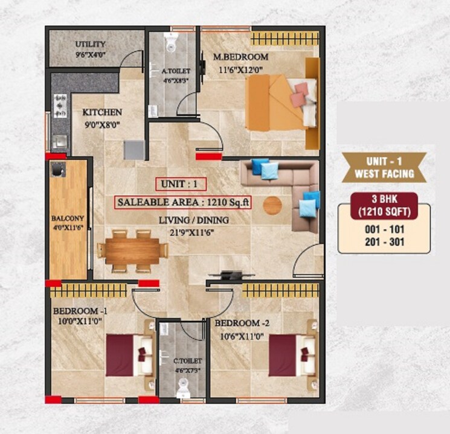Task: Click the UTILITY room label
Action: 91,45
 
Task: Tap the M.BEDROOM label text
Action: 240,57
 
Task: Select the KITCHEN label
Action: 102,112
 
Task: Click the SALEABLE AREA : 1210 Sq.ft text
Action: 183,203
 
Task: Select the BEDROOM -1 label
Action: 80,311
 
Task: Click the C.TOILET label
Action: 182,362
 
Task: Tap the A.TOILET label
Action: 173,71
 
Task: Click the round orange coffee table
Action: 272,205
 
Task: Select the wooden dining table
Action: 132,249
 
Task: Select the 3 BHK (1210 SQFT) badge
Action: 384,204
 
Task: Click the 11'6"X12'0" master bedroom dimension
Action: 240,69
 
